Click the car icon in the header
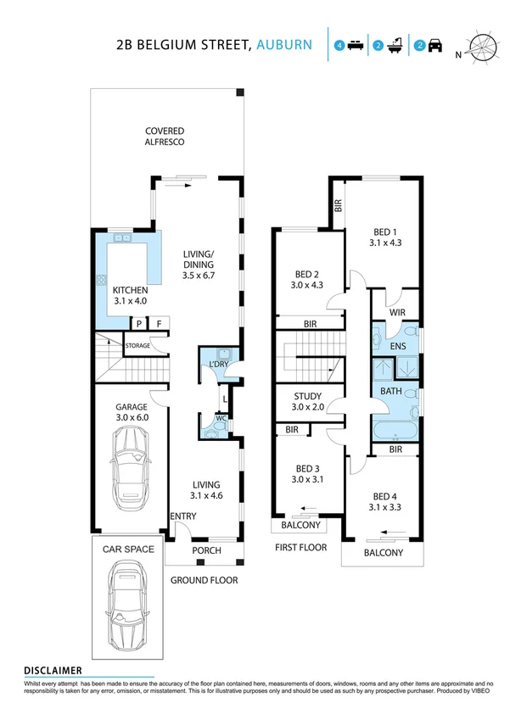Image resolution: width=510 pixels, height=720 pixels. click(434, 46)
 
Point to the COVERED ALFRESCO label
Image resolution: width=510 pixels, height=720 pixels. click(165, 137)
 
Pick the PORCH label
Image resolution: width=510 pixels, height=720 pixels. click(206, 551)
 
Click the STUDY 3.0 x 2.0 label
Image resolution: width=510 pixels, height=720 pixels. click(307, 401)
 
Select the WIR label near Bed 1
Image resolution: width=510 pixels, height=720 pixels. click(397, 313)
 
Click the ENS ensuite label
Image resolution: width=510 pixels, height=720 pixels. click(397, 347)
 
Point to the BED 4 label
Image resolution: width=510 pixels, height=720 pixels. click(384, 496)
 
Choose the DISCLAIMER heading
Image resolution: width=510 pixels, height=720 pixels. click(53, 670)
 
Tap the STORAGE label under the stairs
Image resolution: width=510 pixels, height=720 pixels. click(138, 346)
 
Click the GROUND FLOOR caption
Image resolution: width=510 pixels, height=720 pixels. click(204, 581)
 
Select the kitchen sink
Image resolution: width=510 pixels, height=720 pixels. click(124, 239)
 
